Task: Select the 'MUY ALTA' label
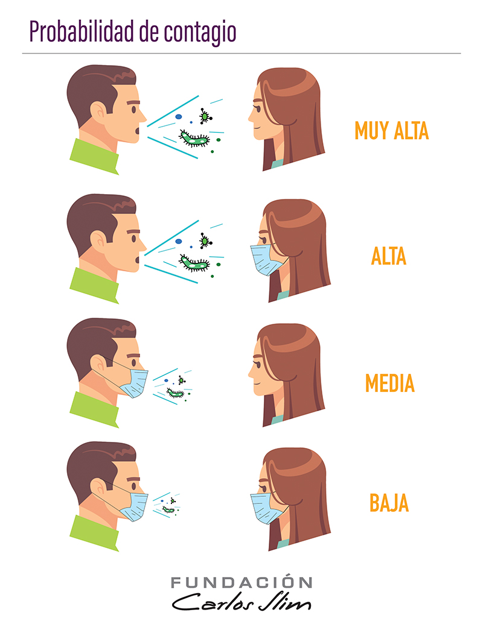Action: [x=392, y=131]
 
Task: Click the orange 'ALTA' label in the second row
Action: [x=388, y=256]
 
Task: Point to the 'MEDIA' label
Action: [x=389, y=383]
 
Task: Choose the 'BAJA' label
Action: [x=389, y=503]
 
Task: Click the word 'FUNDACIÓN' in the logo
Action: [x=241, y=582]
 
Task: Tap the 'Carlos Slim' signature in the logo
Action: [x=241, y=602]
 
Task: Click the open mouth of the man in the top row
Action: [x=138, y=130]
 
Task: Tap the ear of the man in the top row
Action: [x=98, y=111]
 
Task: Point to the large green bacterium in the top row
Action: [x=194, y=138]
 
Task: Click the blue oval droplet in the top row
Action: [x=179, y=117]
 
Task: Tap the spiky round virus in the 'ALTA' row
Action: [x=205, y=241]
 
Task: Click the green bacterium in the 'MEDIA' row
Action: [x=176, y=393]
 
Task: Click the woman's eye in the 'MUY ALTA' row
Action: [x=257, y=107]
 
